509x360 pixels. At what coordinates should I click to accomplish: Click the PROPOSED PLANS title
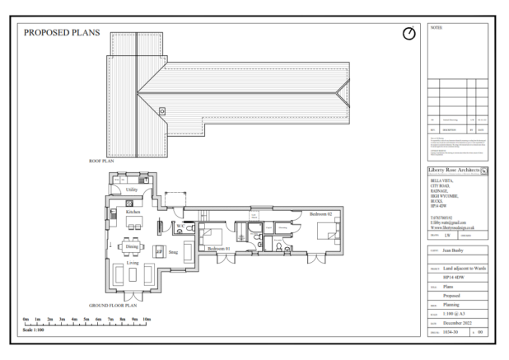(62, 34)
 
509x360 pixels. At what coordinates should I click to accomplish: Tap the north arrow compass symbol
(409, 34)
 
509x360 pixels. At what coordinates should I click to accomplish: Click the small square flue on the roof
(162, 110)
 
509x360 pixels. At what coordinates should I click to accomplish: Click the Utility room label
(131, 189)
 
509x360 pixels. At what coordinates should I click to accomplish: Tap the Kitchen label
(133, 212)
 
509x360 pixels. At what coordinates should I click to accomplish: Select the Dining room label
(132, 245)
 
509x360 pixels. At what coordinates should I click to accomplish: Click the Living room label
(132, 263)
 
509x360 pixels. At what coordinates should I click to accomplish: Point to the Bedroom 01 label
(218, 247)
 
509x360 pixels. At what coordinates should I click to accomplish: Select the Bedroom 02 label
(320, 213)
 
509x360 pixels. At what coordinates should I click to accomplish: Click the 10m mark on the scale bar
(147, 318)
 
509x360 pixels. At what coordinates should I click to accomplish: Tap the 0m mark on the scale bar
(26, 318)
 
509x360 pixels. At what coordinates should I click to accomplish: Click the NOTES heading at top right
(437, 27)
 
